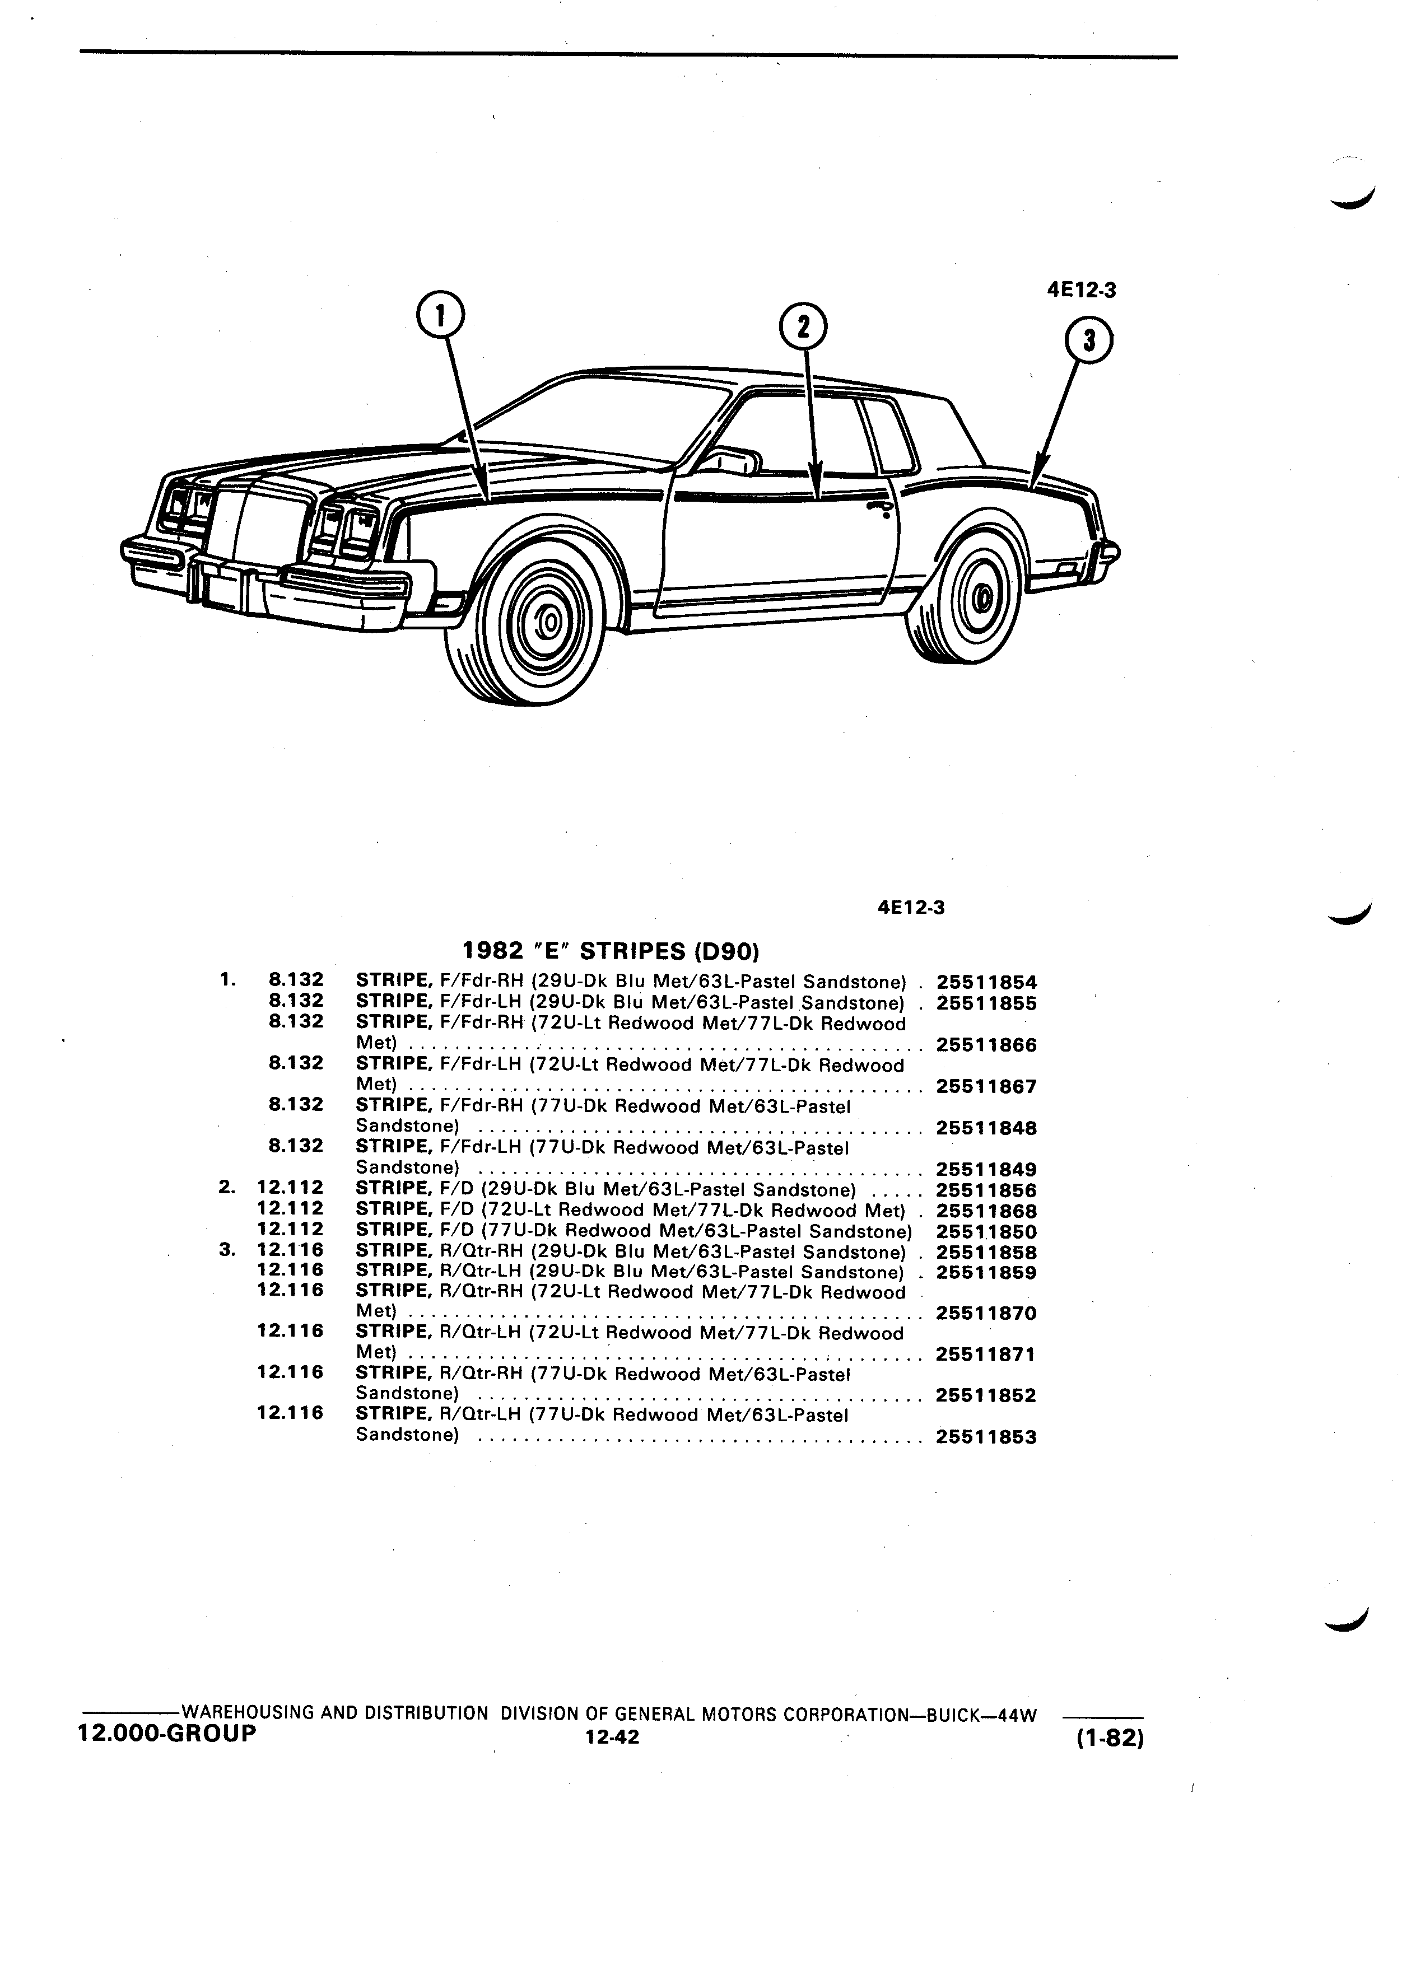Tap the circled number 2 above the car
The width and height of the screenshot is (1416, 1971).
click(x=803, y=327)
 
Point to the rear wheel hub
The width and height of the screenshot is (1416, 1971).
click(x=982, y=597)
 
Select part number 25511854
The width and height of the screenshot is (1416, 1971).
click(x=986, y=983)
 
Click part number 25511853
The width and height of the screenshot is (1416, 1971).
click(x=986, y=1437)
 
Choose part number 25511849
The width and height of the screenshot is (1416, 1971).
click(x=986, y=1170)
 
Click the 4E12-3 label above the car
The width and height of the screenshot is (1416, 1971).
click(x=1082, y=290)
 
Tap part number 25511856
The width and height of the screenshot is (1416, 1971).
click(x=986, y=1190)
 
